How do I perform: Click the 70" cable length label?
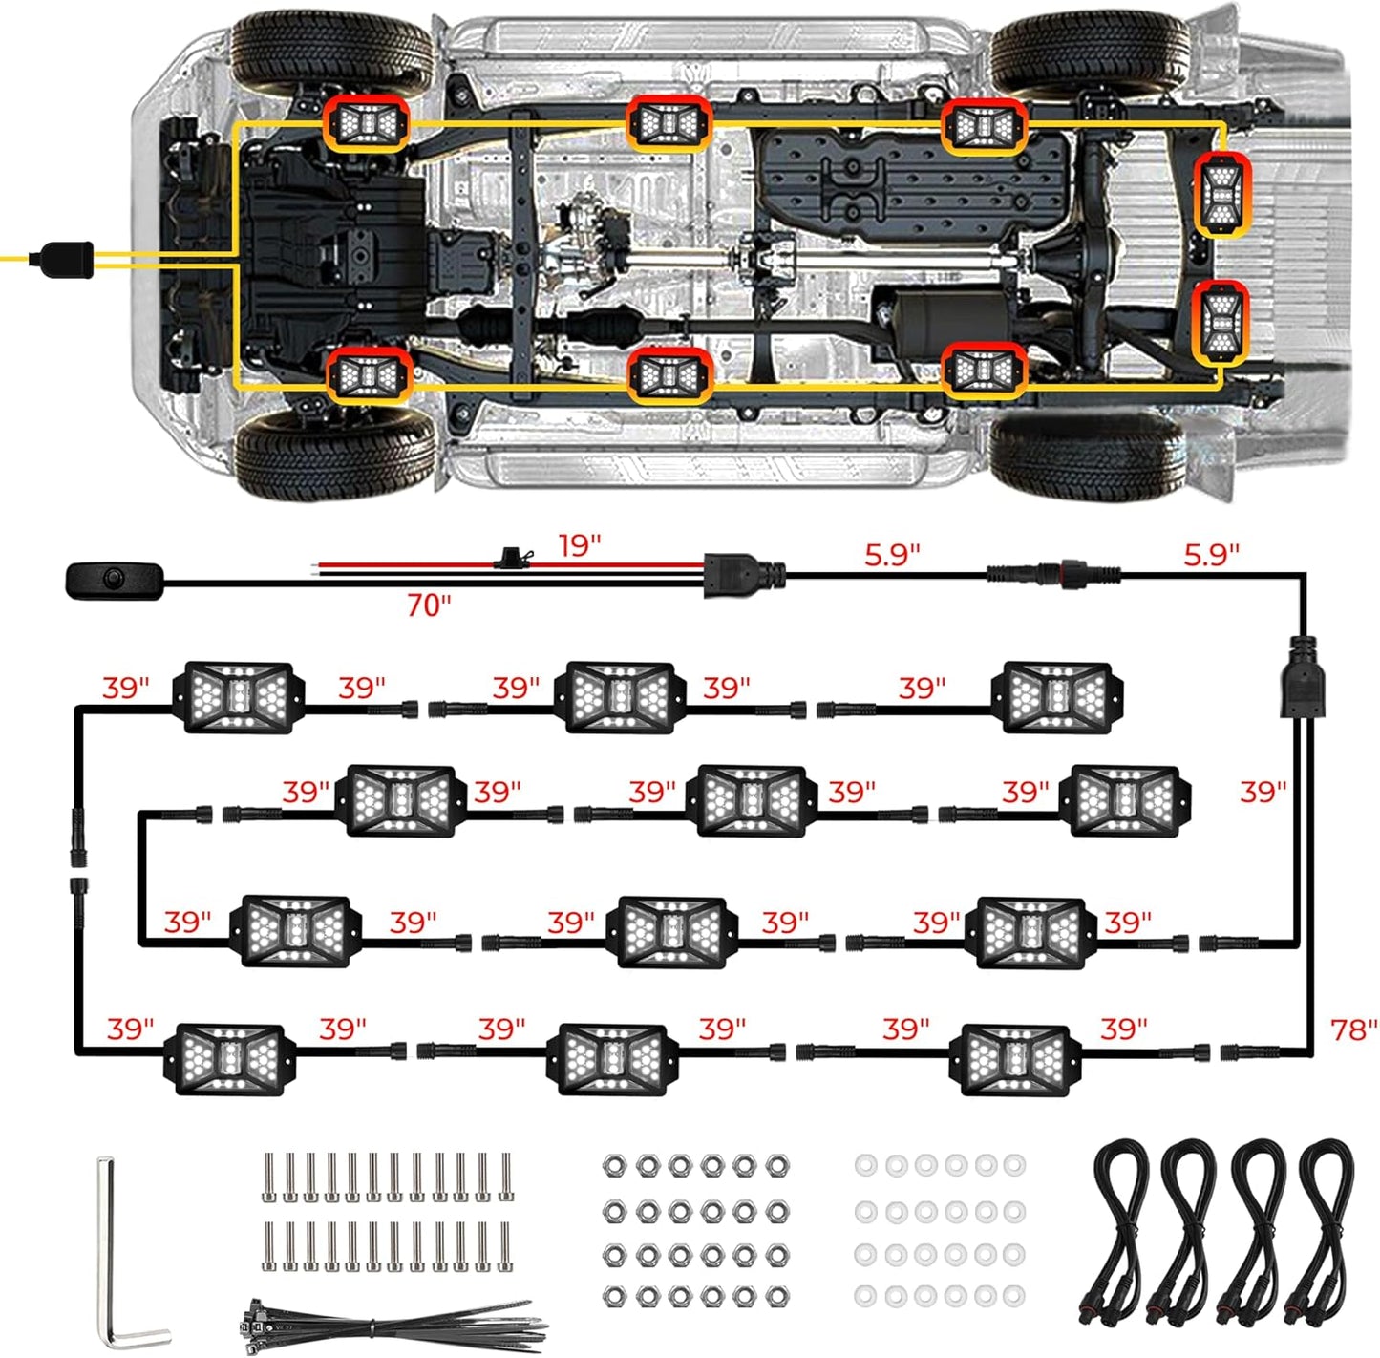tap(429, 605)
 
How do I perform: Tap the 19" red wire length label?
tap(580, 546)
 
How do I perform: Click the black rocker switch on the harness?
tap(115, 580)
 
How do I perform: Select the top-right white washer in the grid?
tap(1015, 1165)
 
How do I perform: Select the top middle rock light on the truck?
tap(669, 123)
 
